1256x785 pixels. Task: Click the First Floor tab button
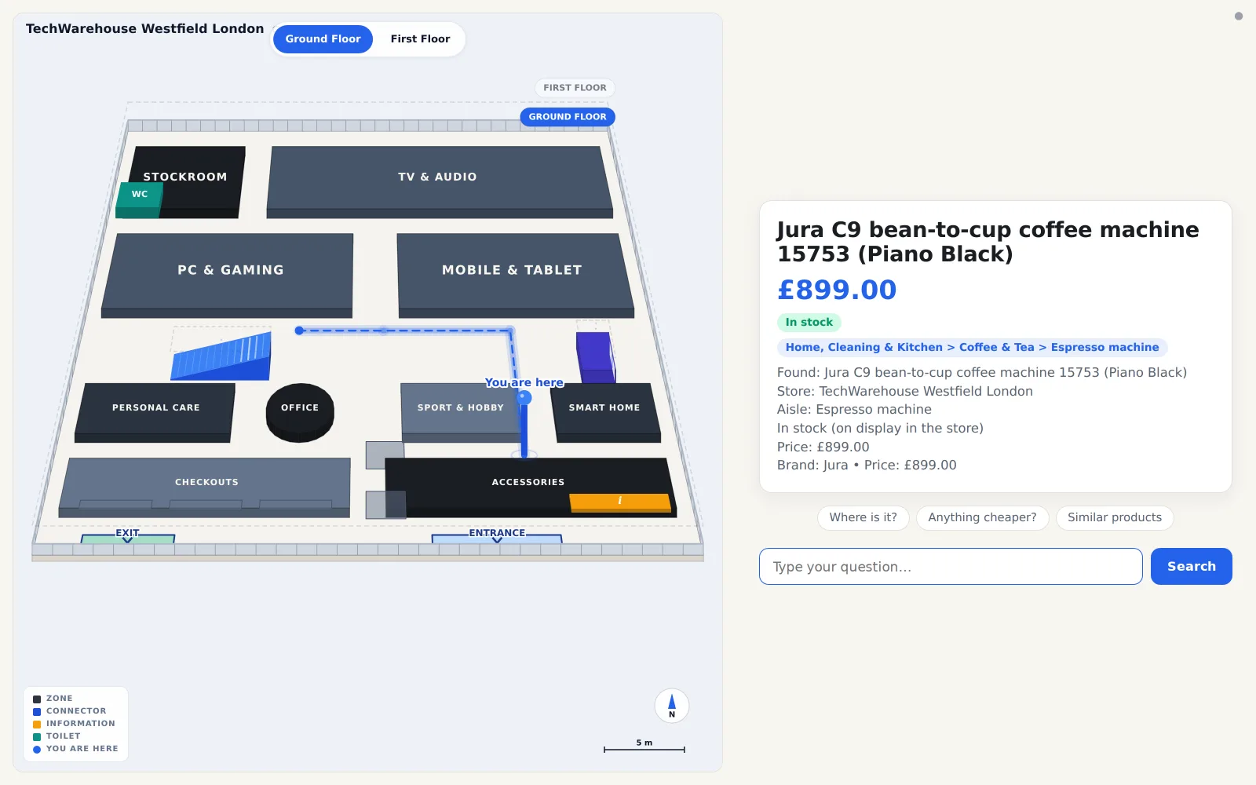click(420, 38)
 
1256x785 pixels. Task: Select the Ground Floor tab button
click(323, 38)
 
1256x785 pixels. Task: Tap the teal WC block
click(139, 199)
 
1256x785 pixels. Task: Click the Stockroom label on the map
click(185, 177)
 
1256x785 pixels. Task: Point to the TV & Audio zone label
click(437, 177)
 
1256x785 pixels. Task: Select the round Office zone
click(300, 412)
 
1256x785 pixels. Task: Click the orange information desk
click(620, 502)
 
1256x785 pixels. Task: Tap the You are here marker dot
click(524, 397)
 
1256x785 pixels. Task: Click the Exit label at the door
click(127, 533)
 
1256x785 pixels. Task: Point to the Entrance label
click(497, 533)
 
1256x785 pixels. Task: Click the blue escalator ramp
click(221, 356)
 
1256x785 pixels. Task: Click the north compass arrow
click(672, 702)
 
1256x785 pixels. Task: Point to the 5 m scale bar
click(644, 749)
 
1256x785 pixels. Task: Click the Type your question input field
click(951, 566)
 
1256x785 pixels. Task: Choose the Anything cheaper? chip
click(982, 517)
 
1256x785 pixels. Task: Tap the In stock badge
click(809, 323)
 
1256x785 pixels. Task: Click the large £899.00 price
click(837, 290)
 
